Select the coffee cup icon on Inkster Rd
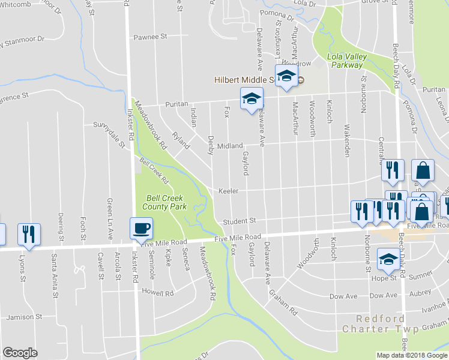(x=141, y=229)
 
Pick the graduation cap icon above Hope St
(x=388, y=259)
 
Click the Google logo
(x=20, y=353)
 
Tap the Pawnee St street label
(x=150, y=37)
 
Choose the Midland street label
(x=230, y=146)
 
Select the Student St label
(x=240, y=221)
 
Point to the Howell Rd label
(x=158, y=293)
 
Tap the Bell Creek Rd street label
(x=154, y=170)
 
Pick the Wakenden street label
(x=347, y=141)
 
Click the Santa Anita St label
(x=55, y=273)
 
